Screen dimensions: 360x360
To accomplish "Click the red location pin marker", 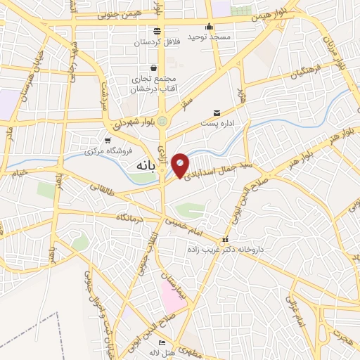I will coord(181,165).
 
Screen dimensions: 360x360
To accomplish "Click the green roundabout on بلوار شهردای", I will coord(163,120).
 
